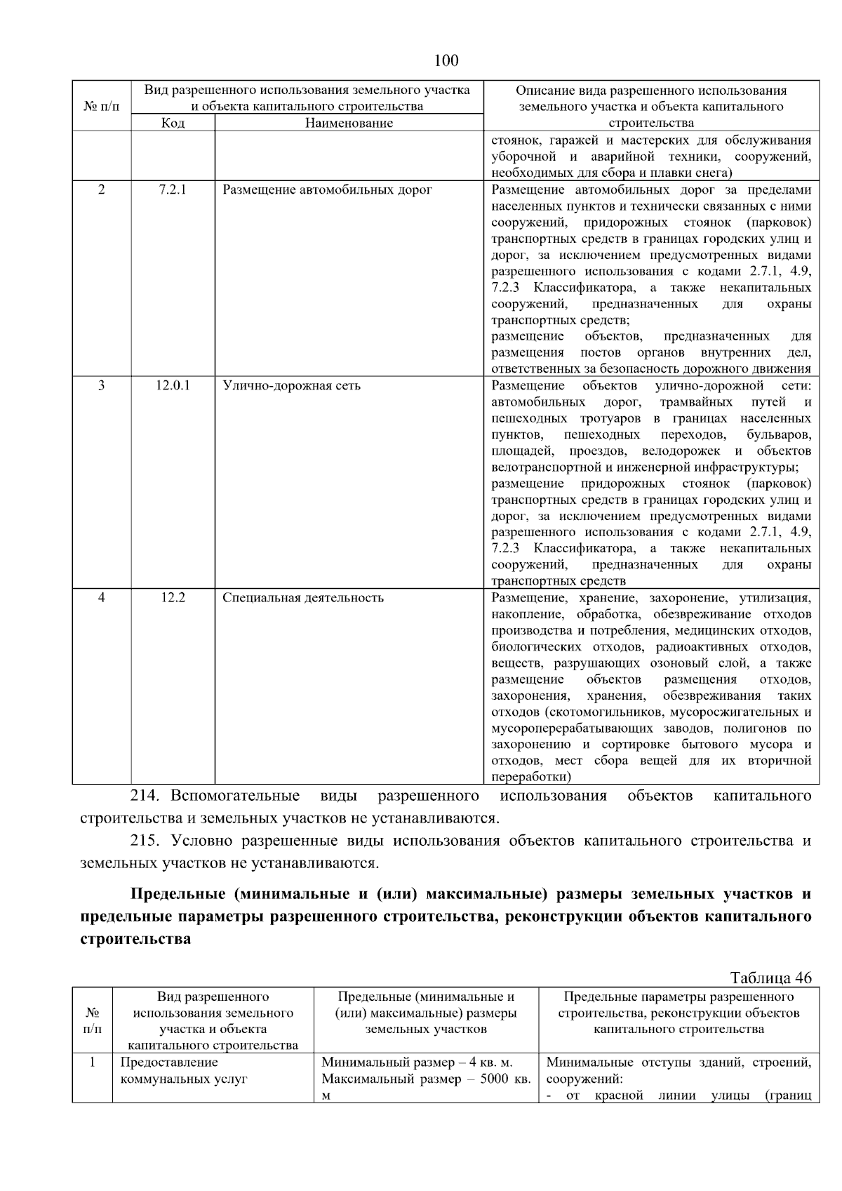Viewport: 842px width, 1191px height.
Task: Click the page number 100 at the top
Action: point(446,60)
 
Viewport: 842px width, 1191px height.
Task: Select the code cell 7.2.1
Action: point(173,189)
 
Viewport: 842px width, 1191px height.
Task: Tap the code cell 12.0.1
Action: point(173,385)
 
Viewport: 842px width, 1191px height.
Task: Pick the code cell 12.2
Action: point(173,598)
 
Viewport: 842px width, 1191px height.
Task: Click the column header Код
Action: point(173,124)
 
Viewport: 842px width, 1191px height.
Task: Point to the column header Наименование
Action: point(349,124)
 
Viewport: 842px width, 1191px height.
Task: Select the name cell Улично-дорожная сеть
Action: point(291,385)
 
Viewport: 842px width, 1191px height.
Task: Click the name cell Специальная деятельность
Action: point(303,598)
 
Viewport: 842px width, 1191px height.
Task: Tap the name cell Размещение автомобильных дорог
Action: point(327,189)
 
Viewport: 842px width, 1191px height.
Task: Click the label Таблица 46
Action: point(770,978)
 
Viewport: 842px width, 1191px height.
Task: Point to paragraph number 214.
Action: point(146,796)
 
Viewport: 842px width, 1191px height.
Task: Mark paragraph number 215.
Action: point(146,841)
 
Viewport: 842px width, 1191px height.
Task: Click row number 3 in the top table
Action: point(102,385)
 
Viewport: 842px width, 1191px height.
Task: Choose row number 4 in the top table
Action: point(102,598)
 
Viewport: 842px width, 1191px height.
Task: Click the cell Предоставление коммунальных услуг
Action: point(184,1071)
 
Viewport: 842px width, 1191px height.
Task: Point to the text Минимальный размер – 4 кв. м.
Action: point(417,1063)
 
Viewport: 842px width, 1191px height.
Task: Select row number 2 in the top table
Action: point(102,189)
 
